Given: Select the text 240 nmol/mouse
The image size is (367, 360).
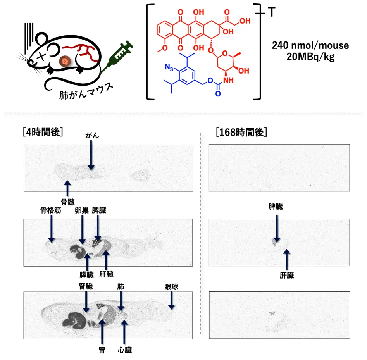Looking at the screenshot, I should coord(310,45).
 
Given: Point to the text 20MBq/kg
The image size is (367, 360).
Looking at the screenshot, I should coord(310,56).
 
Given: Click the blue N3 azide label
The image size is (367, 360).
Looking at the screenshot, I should coord(169,69).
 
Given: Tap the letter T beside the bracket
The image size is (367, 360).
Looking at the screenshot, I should coord(272,13).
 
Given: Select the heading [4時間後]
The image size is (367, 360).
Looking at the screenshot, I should coord(43,132).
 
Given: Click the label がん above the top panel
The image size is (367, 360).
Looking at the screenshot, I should coord(92,135).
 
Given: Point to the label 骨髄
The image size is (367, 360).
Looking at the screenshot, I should coord(68,201).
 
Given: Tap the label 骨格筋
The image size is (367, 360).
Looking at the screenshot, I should coord(50,210).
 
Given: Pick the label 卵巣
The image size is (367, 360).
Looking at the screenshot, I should coord(82,210).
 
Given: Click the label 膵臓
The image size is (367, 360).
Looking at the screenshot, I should coord(87,275).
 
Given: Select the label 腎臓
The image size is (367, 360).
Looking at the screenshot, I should coord(86,286).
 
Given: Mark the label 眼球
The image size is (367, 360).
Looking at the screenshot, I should coord(171,286).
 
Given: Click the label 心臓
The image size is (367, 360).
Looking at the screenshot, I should coord(125,350).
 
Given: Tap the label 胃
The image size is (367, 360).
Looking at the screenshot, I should coord(102,350).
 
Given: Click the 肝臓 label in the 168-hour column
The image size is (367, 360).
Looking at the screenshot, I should coord(287,276).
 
